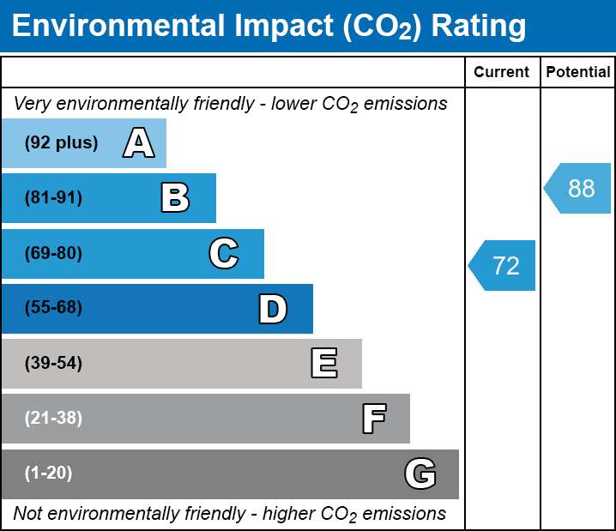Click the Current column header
tap(501, 72)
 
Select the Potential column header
tap(578, 72)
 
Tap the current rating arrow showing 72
tap(502, 266)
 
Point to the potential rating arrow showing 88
tap(577, 188)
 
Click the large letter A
tap(139, 142)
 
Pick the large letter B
tap(175, 198)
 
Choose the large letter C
tap(224, 253)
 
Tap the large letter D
tap(273, 309)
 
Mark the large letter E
tap(324, 363)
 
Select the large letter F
tap(374, 419)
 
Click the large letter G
tap(420, 474)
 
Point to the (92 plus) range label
tap(61, 142)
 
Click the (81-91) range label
tap(53, 197)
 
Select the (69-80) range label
tap(53, 253)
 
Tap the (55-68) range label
tap(53, 307)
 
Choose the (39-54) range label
tap(53, 363)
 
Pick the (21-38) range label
tap(53, 418)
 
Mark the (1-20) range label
tap(48, 474)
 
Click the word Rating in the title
tap(479, 26)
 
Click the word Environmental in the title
tap(118, 25)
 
